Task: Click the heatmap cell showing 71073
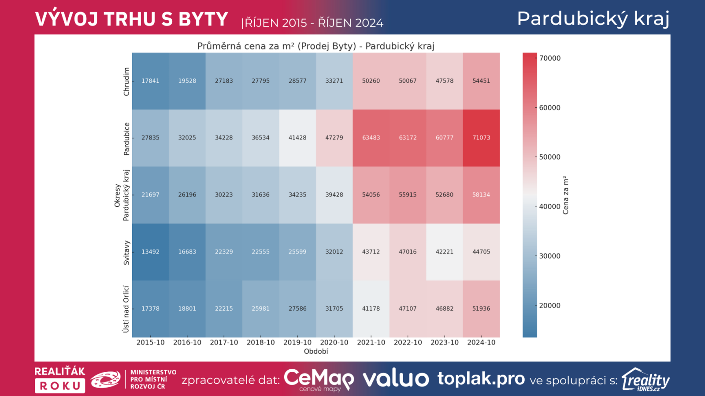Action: point(481,138)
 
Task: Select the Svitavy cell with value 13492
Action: point(150,252)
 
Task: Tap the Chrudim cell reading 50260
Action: point(371,81)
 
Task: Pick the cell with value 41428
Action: point(297,138)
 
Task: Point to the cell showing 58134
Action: point(481,194)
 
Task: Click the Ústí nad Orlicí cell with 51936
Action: point(481,308)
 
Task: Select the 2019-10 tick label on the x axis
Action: point(297,342)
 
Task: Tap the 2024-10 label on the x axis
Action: point(481,342)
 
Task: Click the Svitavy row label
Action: point(126,252)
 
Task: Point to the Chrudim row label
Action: point(126,81)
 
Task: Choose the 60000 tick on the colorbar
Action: point(549,107)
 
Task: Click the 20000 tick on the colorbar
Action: point(549,305)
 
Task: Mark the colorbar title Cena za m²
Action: point(566,195)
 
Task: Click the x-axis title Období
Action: point(316,352)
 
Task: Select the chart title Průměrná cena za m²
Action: point(315,46)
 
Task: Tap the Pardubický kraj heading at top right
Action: point(593,19)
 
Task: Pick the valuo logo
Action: point(396,379)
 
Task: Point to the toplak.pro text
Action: point(481,379)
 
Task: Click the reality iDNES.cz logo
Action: point(646,380)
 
